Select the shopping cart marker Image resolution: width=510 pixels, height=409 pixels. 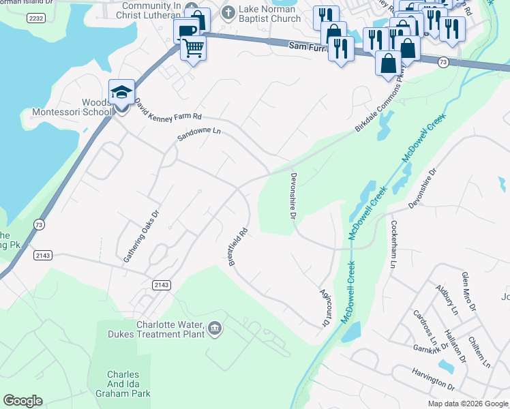tap(194, 48)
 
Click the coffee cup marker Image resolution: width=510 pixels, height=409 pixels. tap(186, 31)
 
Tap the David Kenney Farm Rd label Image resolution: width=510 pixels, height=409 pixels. tap(168, 112)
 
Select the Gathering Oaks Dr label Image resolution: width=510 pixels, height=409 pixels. tap(141, 236)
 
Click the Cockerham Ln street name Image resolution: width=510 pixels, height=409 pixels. tap(393, 243)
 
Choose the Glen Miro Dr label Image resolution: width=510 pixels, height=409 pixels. tap(468, 291)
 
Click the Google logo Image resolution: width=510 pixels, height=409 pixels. tap(22, 401)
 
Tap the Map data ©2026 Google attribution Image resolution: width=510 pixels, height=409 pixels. tap(467, 404)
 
